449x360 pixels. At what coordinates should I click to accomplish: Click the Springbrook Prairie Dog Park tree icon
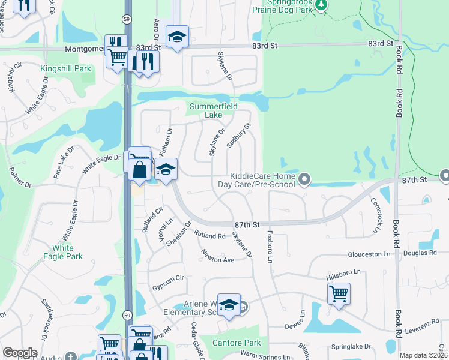[322, 5]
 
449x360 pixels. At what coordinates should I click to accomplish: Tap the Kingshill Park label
[66, 69]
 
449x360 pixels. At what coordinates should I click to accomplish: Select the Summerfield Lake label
[214, 111]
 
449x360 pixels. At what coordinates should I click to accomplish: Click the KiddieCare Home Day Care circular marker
[305, 178]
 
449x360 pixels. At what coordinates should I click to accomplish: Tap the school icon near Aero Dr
[177, 37]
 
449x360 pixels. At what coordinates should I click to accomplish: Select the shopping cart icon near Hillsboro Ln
[339, 294]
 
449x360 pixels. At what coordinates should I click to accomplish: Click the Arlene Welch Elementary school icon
[229, 305]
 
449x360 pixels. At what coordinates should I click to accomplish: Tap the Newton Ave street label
[217, 256]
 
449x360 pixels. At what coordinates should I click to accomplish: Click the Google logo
[20, 353]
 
